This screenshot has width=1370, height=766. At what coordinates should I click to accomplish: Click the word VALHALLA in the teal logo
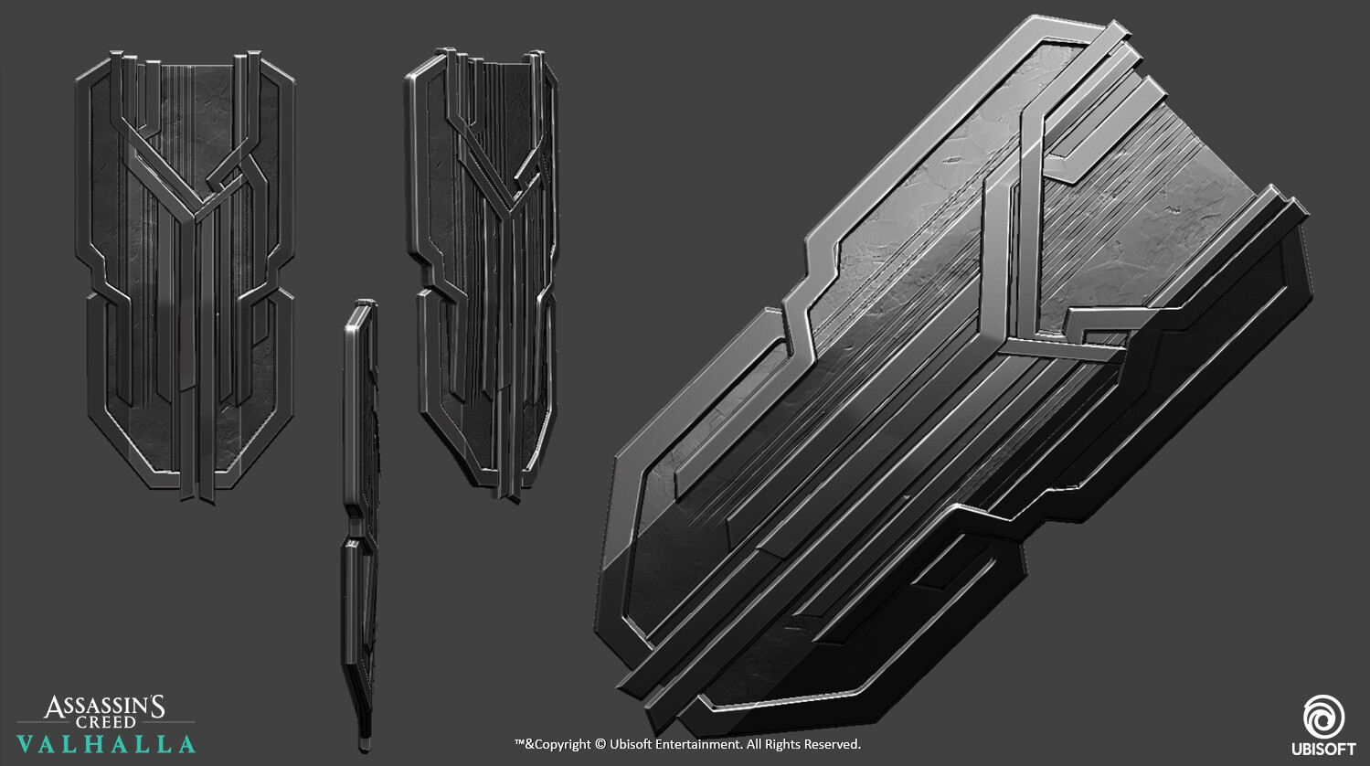[106, 744]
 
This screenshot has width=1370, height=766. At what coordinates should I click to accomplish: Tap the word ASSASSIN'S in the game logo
[104, 707]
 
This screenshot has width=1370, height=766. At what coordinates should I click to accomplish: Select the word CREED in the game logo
[105, 722]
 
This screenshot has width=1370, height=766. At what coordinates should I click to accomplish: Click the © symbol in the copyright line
[600, 745]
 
